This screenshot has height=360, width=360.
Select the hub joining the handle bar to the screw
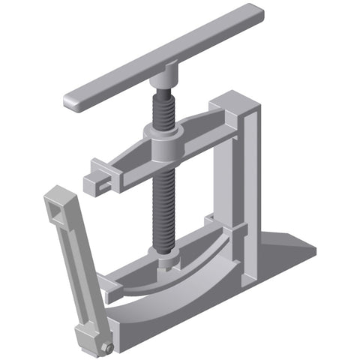[x=163, y=77]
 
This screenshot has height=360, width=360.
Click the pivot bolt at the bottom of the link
[x=109, y=349]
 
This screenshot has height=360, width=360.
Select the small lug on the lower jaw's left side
[x=109, y=284]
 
